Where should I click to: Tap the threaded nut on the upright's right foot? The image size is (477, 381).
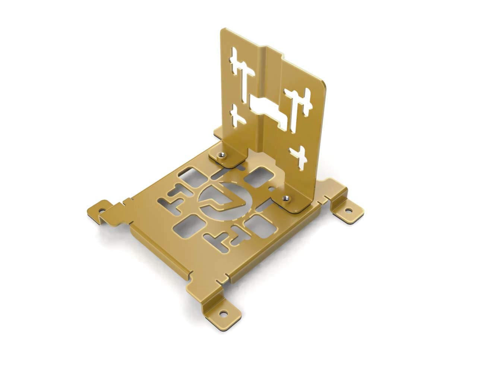(x=286, y=198)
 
